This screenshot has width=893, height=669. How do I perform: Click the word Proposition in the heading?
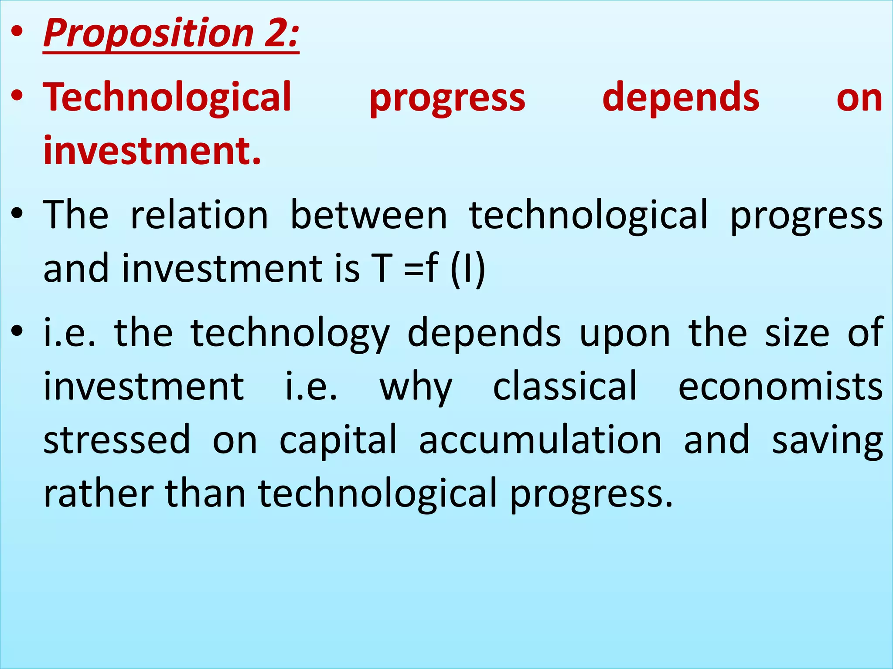coord(148,34)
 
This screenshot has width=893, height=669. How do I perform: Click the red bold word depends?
coord(681,98)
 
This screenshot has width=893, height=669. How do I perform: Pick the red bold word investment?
coord(152,150)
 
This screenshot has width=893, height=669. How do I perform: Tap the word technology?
coord(290,333)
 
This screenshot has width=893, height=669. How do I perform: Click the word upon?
coord(624,333)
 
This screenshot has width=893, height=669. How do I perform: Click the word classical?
coord(565,386)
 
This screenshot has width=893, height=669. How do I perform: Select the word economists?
coord(781,387)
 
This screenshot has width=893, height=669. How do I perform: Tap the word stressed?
coord(117,440)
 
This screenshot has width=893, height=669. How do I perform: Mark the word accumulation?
coord(540,440)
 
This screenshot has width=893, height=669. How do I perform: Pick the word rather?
coord(99,493)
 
